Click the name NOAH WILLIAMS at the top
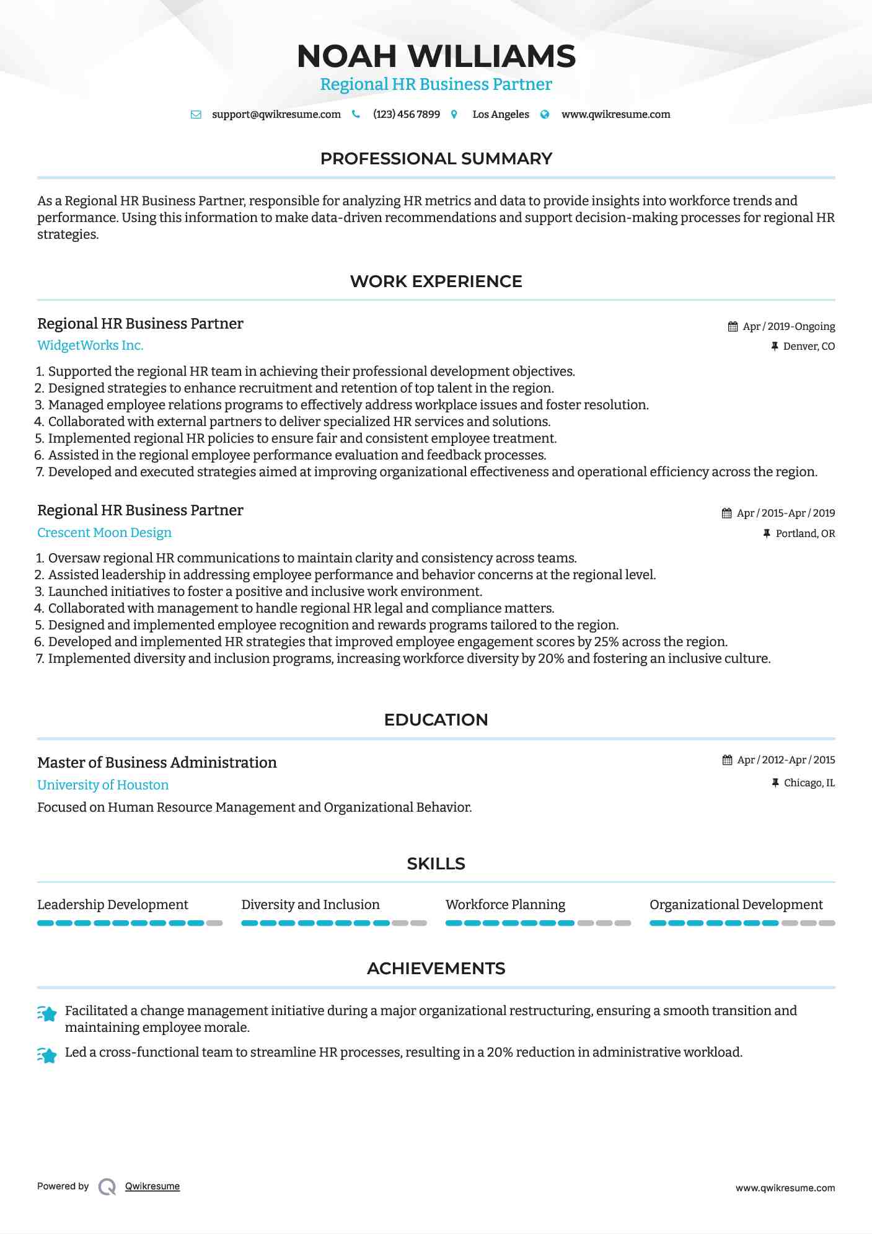(436, 56)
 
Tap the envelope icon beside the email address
(196, 115)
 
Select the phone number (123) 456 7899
(406, 115)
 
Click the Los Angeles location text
(500, 115)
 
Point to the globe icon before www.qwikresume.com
(545, 115)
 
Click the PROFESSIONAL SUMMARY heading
(436, 159)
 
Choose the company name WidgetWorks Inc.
(90, 345)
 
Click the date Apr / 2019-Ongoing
(788, 327)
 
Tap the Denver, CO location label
(808, 347)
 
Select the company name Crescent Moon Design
(104, 533)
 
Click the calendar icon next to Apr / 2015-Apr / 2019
(726, 513)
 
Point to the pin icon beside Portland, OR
(767, 533)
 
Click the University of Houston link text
(103, 785)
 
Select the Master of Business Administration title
(157, 763)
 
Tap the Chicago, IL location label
(809, 783)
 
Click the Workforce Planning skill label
(505, 905)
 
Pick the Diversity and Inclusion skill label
(310, 905)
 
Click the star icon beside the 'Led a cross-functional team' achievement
(47, 1055)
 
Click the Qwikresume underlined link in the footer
(152, 1186)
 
